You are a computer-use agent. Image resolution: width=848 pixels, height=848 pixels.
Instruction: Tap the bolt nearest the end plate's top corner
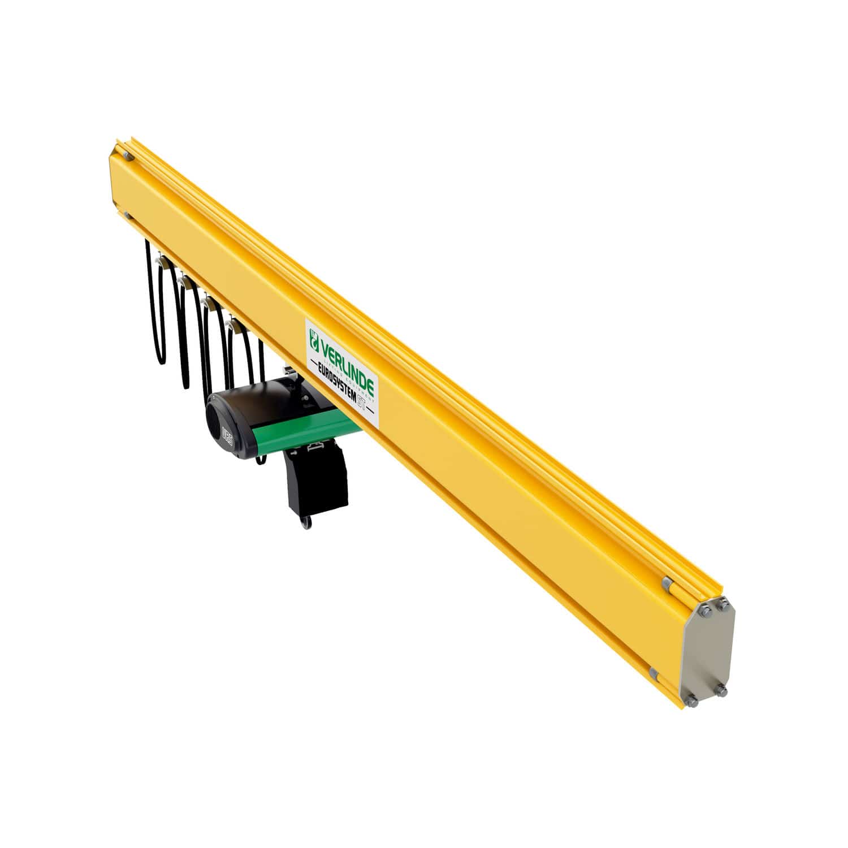click(724, 605)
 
